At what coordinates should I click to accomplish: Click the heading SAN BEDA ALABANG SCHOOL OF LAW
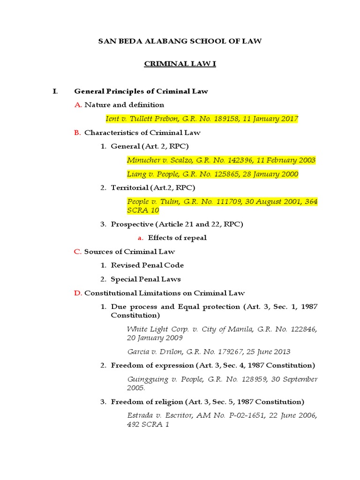180,41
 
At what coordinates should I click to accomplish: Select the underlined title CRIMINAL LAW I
180,64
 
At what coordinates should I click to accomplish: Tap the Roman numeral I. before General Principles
55,91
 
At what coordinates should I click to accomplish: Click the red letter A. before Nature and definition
78,105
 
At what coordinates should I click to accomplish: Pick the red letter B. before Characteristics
78,133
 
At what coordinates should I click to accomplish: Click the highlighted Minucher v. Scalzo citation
221,160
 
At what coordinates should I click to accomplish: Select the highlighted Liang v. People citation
212,174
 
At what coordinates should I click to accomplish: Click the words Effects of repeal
177,238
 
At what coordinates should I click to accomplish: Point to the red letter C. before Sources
78,252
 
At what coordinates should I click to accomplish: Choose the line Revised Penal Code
147,265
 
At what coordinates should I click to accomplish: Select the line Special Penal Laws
146,279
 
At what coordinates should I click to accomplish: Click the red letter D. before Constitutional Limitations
78,293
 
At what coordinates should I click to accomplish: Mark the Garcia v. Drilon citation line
209,352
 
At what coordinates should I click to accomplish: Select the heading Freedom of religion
148,402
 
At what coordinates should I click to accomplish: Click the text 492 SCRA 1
148,424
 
